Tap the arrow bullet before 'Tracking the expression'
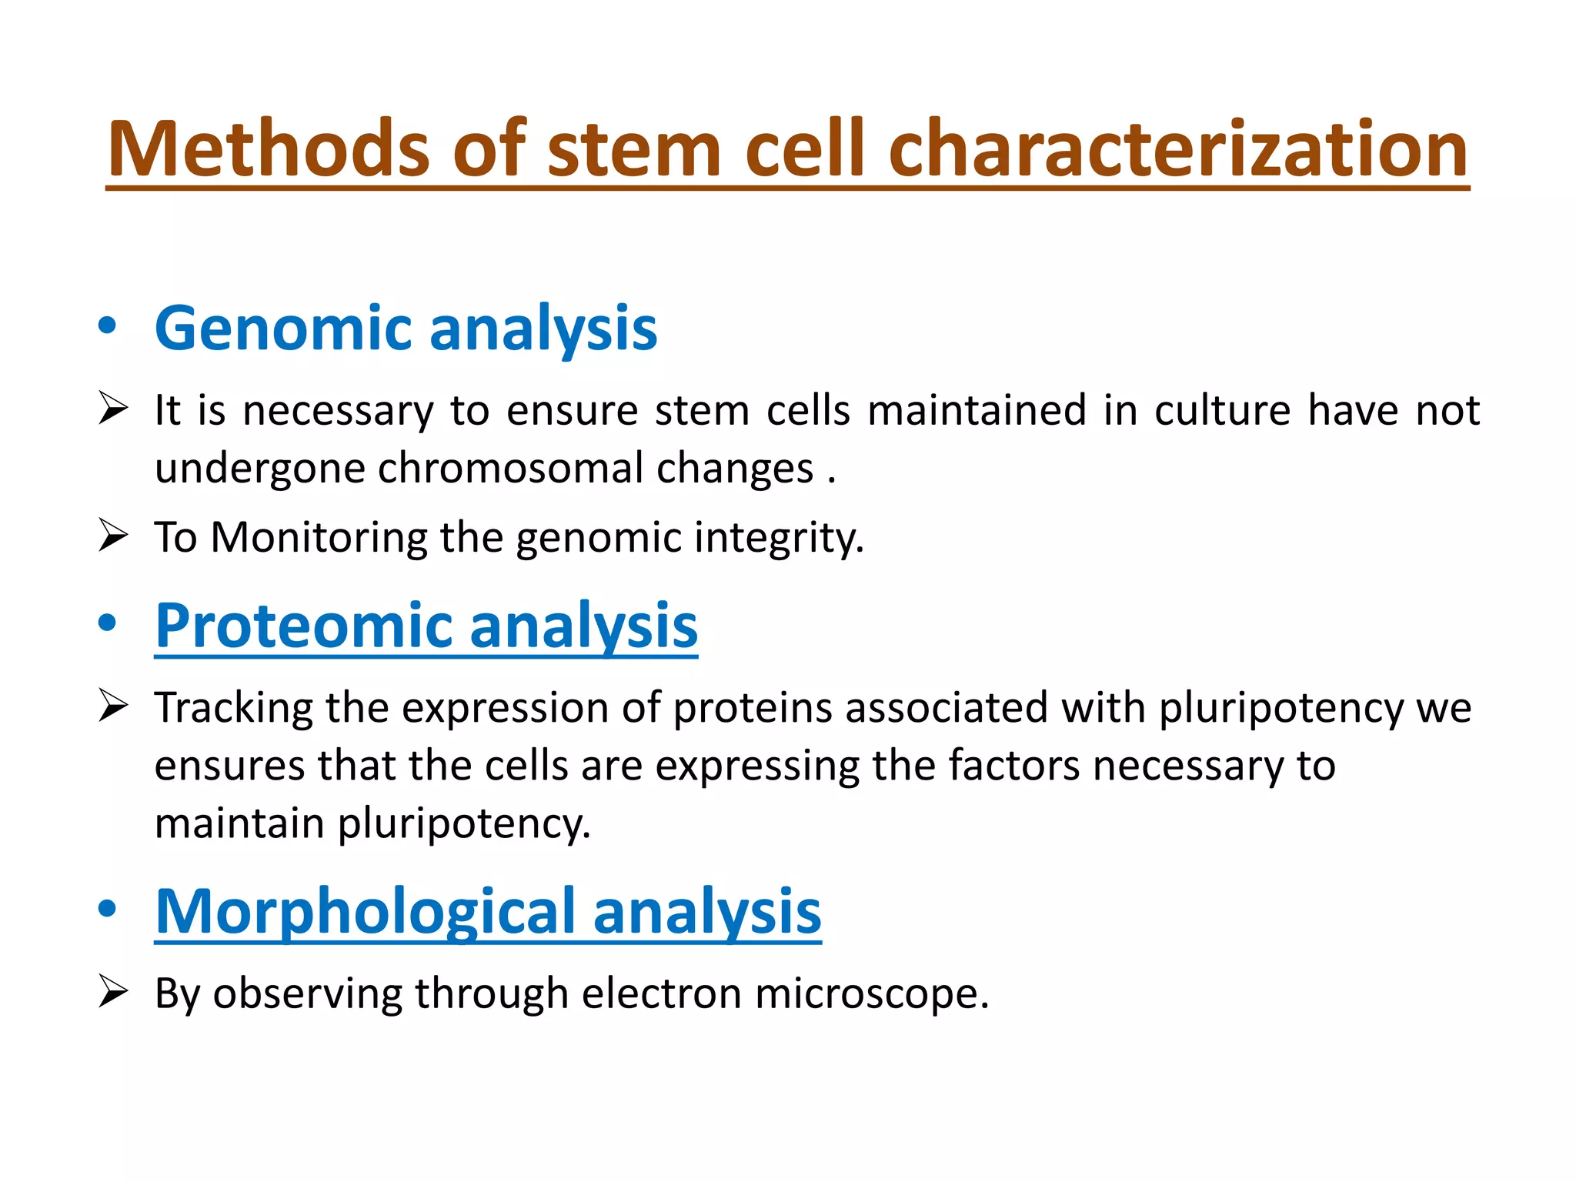(x=113, y=706)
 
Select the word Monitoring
(x=319, y=537)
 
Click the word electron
(x=661, y=993)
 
